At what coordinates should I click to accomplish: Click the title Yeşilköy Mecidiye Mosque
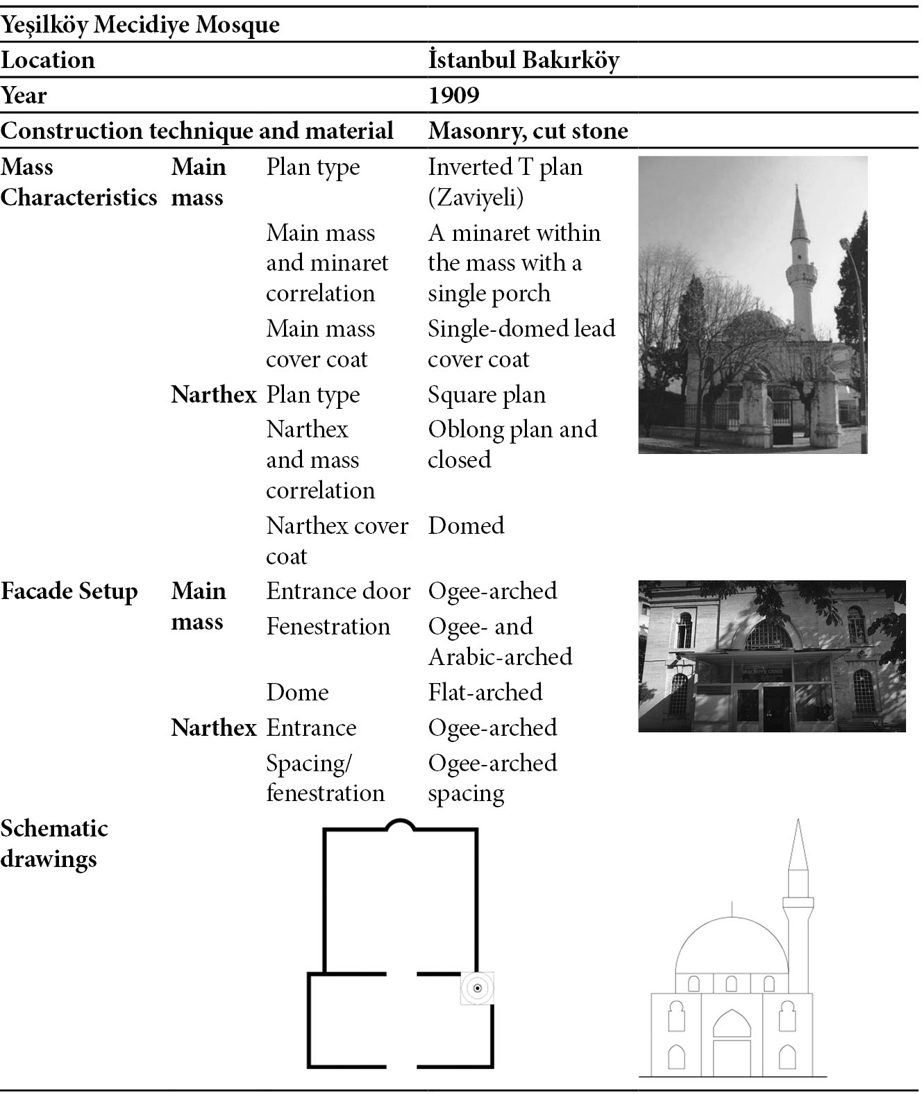[x=140, y=24]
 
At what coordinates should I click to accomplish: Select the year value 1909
[x=453, y=95]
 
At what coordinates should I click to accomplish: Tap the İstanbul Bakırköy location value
[x=523, y=60]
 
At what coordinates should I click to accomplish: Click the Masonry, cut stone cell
[x=528, y=131]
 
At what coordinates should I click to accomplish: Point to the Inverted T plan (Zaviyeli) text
[x=505, y=182]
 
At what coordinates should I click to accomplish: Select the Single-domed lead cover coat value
[x=521, y=344]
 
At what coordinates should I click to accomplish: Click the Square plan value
[x=487, y=395]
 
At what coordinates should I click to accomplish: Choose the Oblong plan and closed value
[x=512, y=444]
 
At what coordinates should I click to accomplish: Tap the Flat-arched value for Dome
[x=485, y=692]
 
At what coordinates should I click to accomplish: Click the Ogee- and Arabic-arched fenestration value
[x=500, y=641]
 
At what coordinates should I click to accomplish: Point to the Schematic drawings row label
[x=54, y=844]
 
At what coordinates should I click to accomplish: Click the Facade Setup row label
[x=69, y=591]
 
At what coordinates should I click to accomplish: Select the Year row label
[x=24, y=95]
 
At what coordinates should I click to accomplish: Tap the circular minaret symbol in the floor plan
[x=477, y=988]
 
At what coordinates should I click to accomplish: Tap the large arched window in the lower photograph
[x=769, y=636]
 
